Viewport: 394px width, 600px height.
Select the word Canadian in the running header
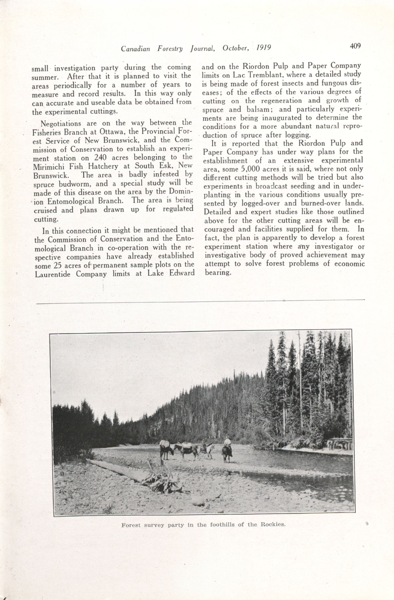point(135,48)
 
